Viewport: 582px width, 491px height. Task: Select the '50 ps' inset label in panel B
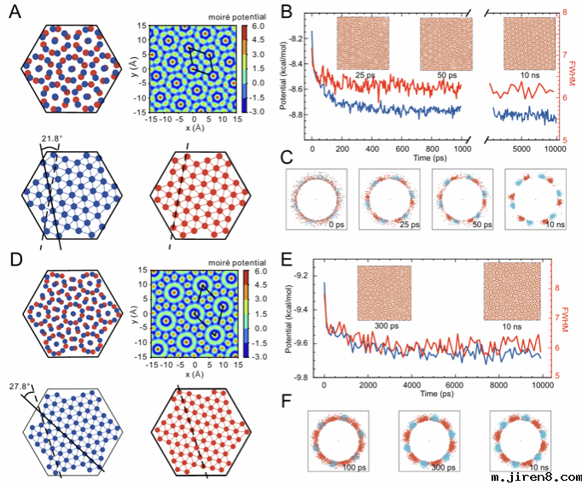coord(447,75)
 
